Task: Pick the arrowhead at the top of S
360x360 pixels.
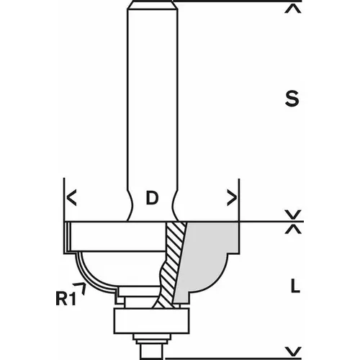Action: (292, 10)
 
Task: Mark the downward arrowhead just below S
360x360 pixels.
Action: (292, 215)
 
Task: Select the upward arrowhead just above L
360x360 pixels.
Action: (292, 229)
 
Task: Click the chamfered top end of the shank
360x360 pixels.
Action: (152, 6)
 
